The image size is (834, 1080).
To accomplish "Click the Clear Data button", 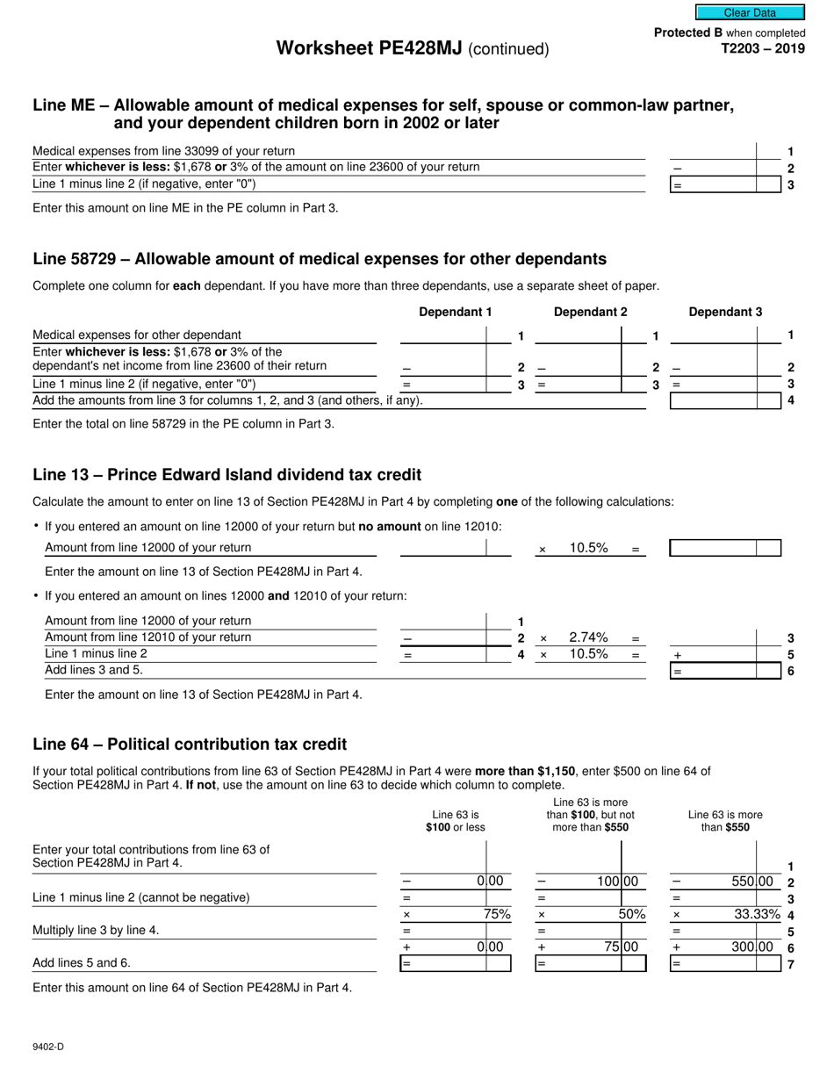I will pos(750,13).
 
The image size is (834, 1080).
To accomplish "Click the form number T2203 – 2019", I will pos(762,49).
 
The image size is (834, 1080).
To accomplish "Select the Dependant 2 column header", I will pos(590,312).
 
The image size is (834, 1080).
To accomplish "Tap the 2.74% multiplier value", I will pos(588,637).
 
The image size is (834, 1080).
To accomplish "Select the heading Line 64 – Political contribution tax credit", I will pos(190,745).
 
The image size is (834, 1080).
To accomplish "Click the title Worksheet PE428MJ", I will pos(370,48).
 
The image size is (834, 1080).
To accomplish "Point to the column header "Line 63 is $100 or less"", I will pos(455,821).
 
